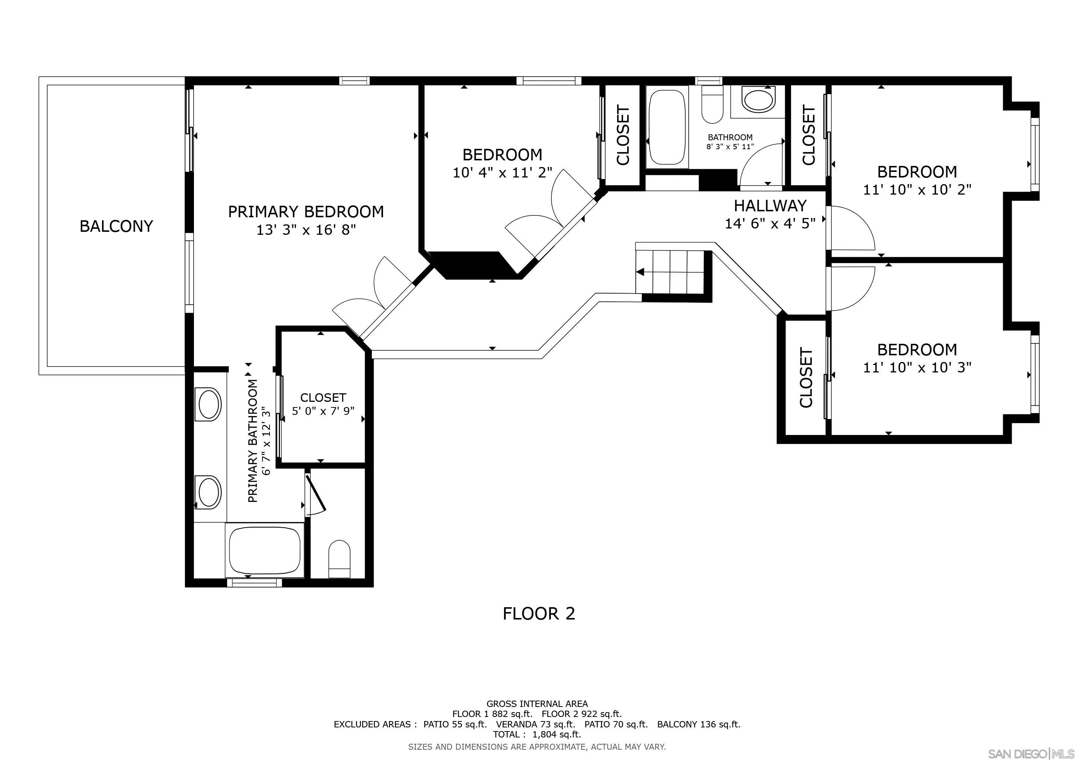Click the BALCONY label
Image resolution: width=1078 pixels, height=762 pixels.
coord(116,226)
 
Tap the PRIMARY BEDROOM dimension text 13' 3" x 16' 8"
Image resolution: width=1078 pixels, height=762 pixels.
coord(306,230)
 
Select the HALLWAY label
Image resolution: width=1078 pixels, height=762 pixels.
coord(770,205)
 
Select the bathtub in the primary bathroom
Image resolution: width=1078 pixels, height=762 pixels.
coord(265,550)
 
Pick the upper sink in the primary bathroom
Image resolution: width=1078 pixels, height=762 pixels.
coord(210,404)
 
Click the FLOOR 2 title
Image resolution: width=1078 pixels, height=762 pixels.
coord(539,613)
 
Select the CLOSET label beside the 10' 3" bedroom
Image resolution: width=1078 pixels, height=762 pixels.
coord(806,378)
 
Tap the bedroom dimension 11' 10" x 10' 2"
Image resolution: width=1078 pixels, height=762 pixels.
coord(917,189)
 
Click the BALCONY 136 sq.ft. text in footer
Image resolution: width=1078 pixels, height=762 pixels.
coord(698,724)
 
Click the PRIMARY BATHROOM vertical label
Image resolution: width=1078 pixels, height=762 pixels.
coord(253,441)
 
